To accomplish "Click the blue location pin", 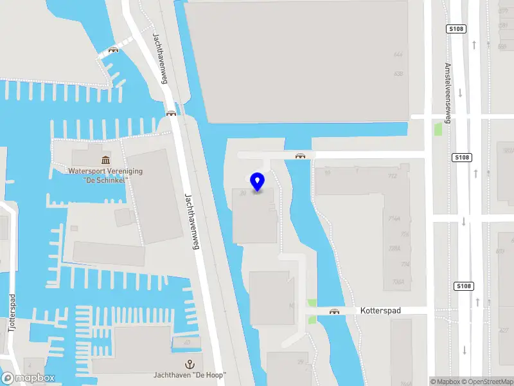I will click(x=258, y=182).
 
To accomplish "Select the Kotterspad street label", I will click(x=380, y=311).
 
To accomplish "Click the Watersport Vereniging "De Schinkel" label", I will click(x=106, y=176).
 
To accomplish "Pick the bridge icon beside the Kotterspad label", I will click(x=334, y=312).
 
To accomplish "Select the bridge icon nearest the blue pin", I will click(x=299, y=155).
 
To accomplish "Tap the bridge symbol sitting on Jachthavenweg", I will click(x=172, y=113).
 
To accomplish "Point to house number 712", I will click(x=393, y=176).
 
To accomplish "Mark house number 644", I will click(x=398, y=55).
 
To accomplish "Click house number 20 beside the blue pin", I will click(x=242, y=192).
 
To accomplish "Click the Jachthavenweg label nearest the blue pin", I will click(x=195, y=216).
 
